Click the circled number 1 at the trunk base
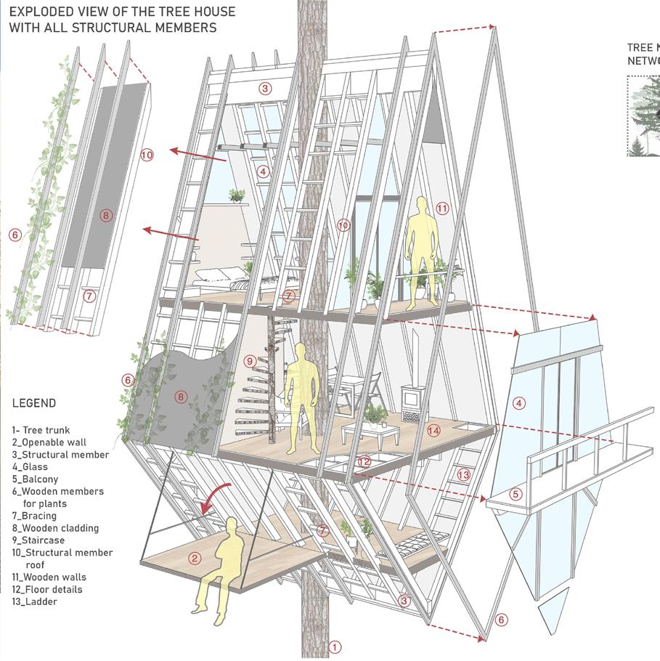click(335, 646)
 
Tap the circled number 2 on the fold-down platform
click(195, 558)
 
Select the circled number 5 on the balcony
click(516, 495)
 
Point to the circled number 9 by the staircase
click(250, 361)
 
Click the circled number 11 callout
click(443, 208)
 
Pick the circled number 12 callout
click(364, 461)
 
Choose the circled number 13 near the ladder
click(464, 474)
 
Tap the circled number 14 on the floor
click(434, 430)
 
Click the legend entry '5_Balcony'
click(35, 479)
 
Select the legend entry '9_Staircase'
click(38, 540)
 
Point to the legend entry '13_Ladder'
click(34, 601)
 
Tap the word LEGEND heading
click(34, 403)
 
